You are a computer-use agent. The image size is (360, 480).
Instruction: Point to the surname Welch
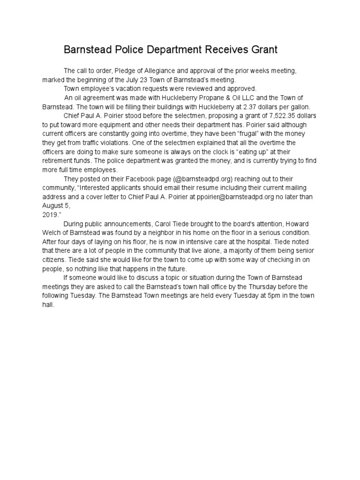[52, 232]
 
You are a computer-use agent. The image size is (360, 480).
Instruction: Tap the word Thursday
[263, 286]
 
